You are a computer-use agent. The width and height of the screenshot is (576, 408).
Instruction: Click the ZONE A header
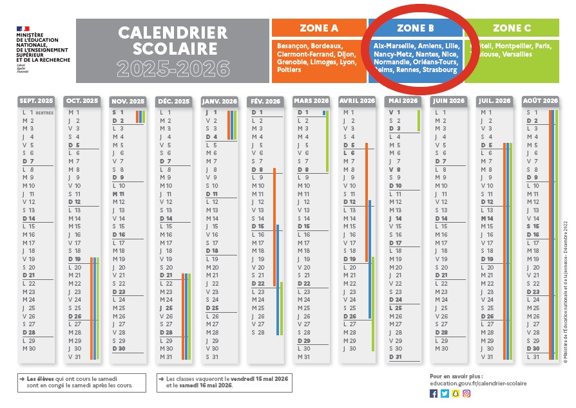[318, 28]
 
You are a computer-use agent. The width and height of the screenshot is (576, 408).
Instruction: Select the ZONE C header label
[512, 28]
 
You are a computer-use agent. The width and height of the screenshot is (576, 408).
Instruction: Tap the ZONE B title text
[415, 28]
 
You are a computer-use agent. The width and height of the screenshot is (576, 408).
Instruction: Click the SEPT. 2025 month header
[37, 101]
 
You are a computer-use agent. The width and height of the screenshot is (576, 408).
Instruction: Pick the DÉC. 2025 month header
[174, 101]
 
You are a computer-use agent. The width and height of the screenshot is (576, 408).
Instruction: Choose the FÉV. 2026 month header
[265, 101]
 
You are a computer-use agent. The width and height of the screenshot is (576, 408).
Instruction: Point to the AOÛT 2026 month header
[540, 101]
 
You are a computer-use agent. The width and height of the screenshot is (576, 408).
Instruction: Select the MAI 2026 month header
[403, 101]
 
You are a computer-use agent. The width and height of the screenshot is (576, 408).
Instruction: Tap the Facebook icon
[434, 393]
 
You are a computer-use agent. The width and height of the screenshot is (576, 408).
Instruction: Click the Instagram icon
[466, 393]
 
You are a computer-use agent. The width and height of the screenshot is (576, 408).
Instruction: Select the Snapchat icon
[456, 393]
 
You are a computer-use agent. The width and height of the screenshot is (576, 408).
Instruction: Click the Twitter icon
[445, 393]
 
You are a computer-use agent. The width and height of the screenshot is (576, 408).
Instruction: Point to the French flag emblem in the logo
[23, 30]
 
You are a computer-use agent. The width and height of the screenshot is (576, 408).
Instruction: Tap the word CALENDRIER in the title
[173, 32]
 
